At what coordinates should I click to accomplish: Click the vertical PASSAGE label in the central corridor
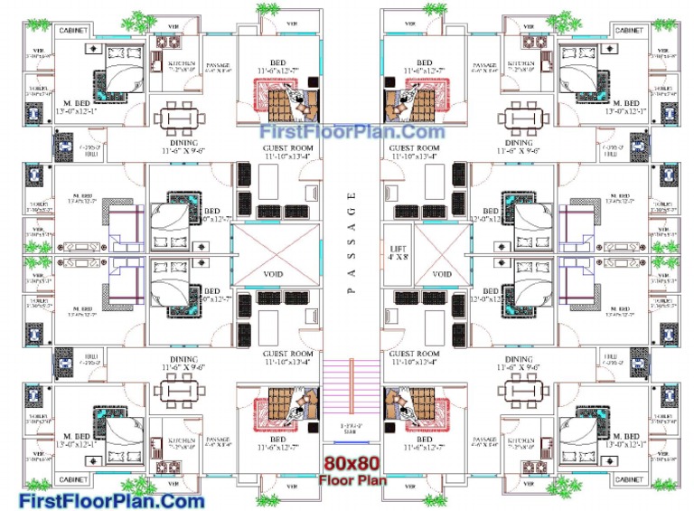pyautogui.click(x=352, y=241)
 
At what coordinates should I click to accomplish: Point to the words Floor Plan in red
pyautogui.click(x=352, y=480)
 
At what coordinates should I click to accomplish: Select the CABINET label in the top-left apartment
pyautogui.click(x=74, y=30)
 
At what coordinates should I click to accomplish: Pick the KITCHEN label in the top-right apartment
pyautogui.click(x=520, y=64)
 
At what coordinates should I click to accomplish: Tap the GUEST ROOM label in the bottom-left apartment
pyautogui.click(x=287, y=354)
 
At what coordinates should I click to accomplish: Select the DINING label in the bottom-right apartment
pyautogui.click(x=519, y=359)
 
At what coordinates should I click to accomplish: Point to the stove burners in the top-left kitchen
pyautogui.click(x=169, y=42)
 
